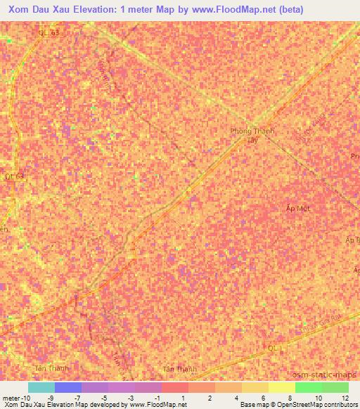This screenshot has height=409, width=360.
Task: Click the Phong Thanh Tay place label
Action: [x=252, y=136]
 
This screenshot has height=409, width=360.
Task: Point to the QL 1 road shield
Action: [x=275, y=348]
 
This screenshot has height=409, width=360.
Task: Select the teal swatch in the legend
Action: [x=41, y=387]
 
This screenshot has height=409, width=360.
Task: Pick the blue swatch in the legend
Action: [x=68, y=387]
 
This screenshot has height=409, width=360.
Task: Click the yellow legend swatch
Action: [x=281, y=387]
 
